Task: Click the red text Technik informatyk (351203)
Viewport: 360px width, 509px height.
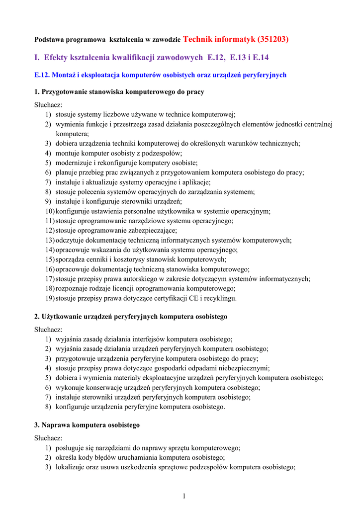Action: (236, 39)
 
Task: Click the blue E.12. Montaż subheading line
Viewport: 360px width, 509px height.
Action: (160, 75)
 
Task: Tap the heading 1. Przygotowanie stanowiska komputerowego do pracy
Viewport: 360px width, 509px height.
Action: (119, 92)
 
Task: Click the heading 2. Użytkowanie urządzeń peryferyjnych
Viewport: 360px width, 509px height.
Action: (130, 316)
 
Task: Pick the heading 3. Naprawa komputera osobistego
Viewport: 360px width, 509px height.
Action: (87, 425)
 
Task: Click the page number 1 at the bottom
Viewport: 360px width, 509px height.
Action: (183, 496)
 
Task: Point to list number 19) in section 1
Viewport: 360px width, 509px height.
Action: (49, 298)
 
